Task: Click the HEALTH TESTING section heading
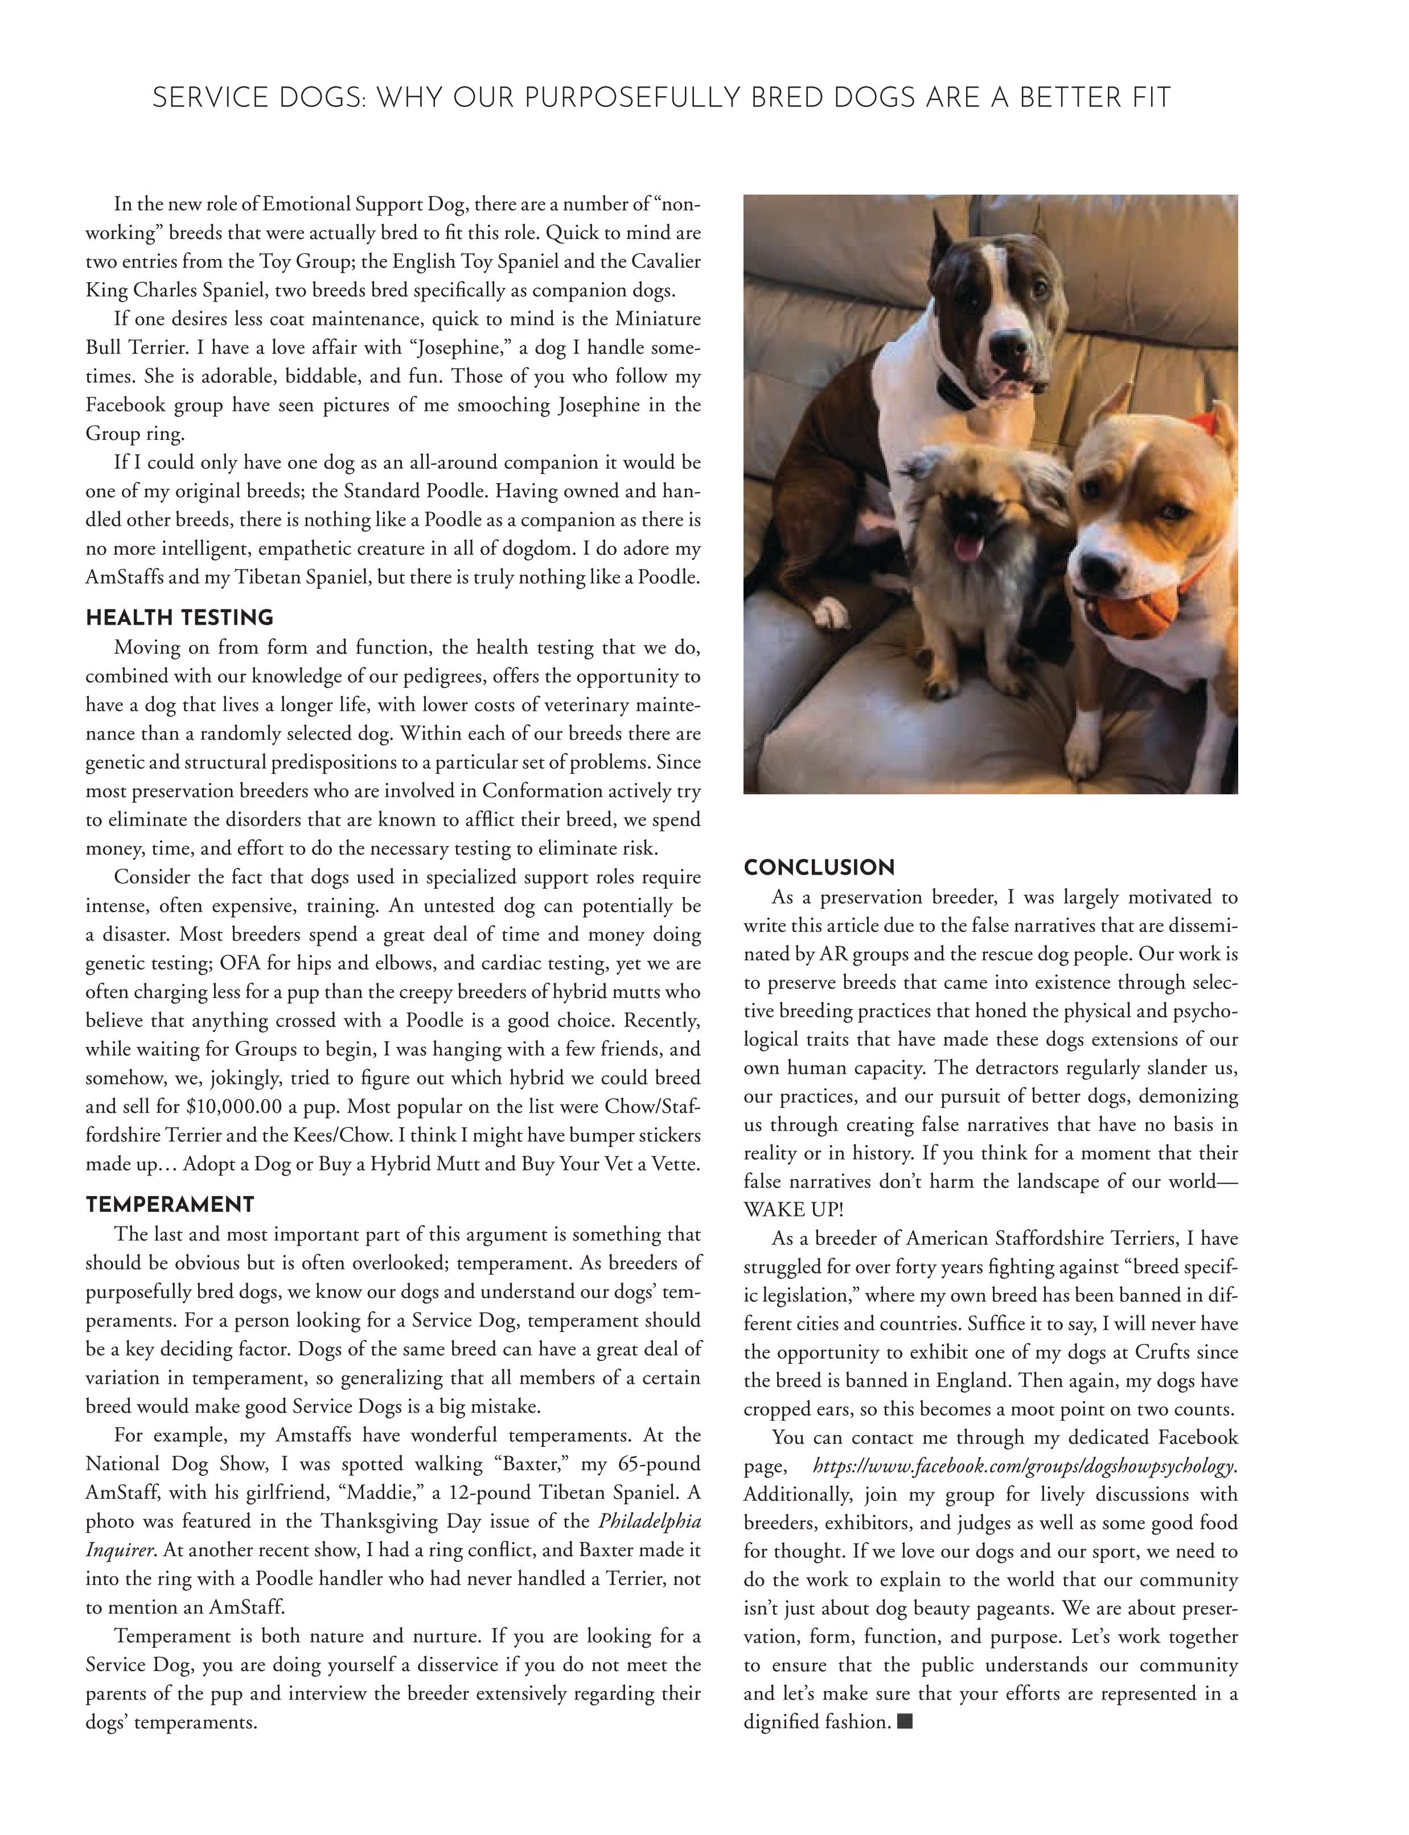pyautogui.click(x=179, y=618)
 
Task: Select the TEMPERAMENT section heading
pyautogui.click(x=170, y=1205)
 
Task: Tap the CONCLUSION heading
pyautogui.click(x=819, y=868)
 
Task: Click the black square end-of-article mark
pyautogui.click(x=904, y=1722)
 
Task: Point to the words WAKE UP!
pyautogui.click(x=794, y=1210)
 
